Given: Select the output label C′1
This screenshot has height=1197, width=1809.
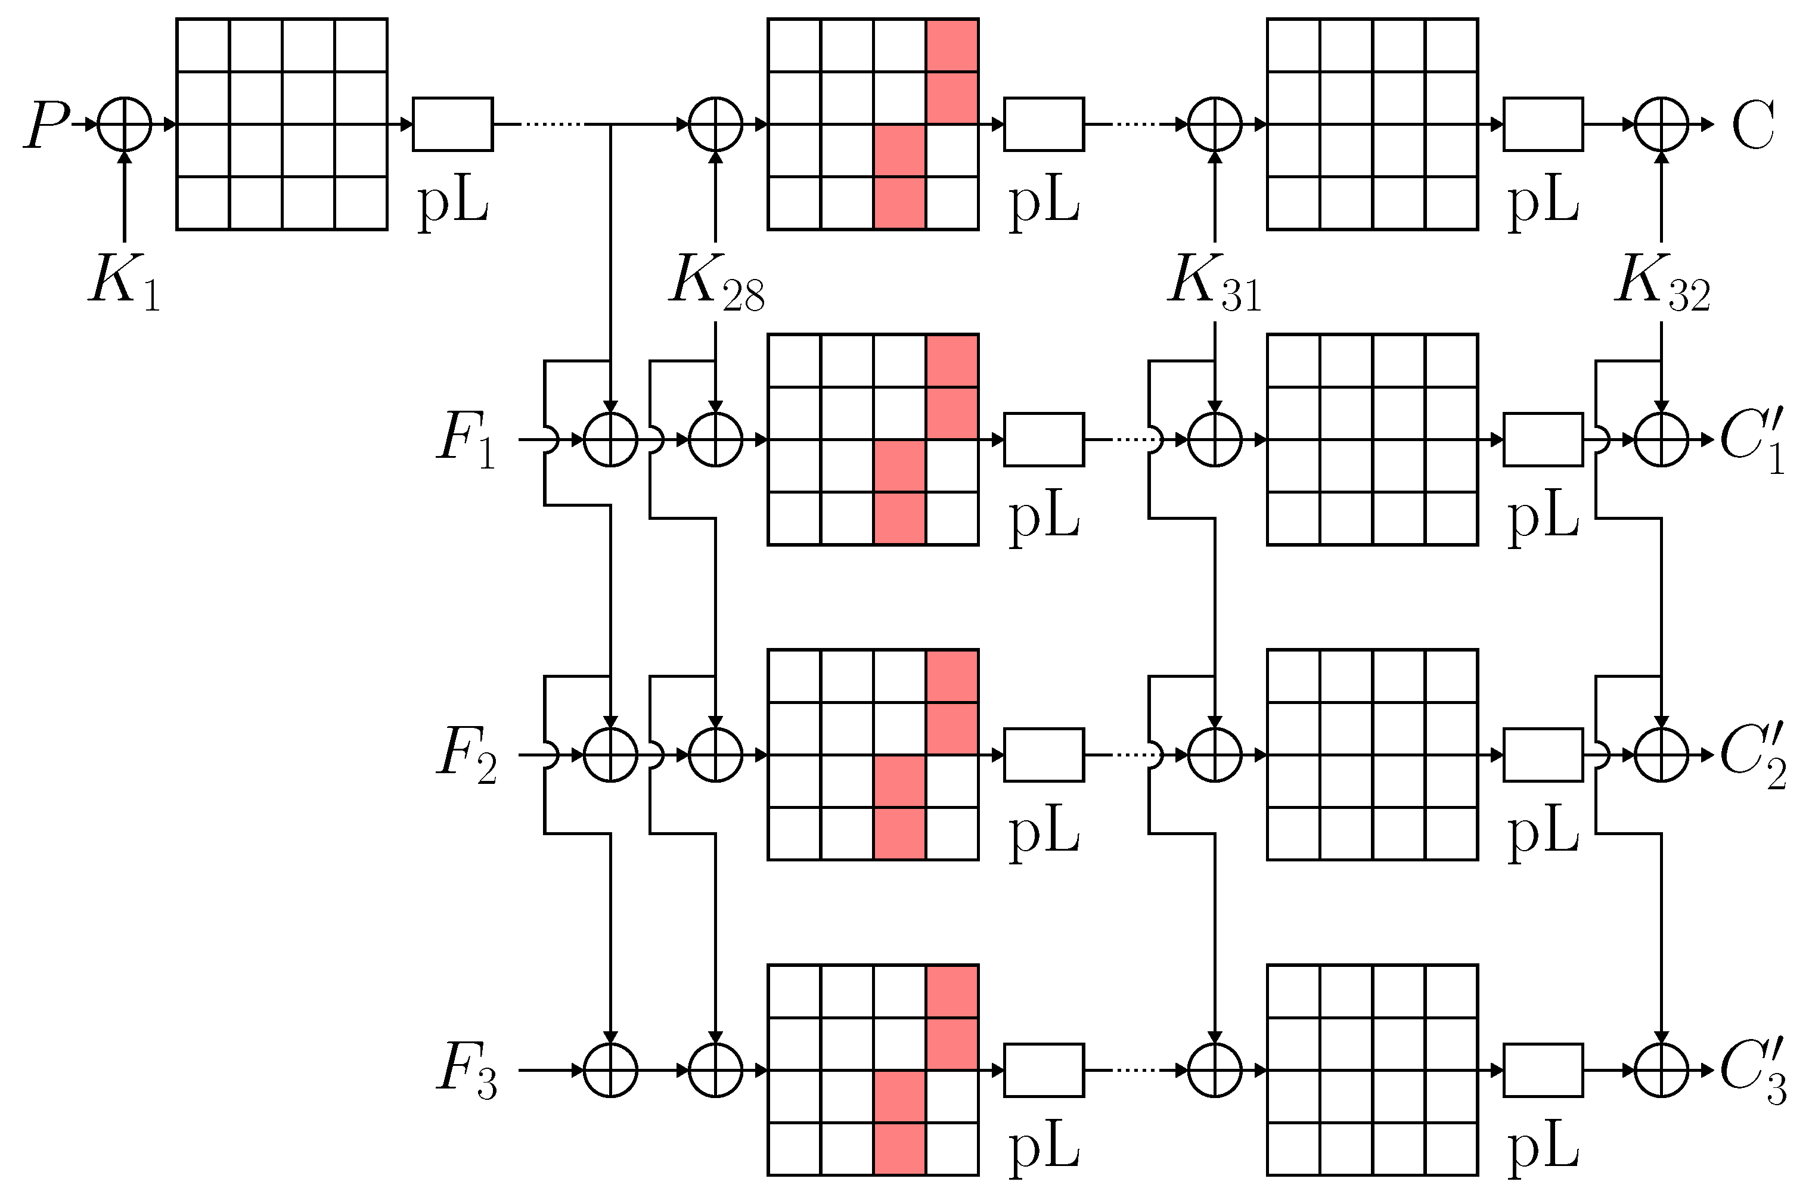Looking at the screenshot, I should point(1752,441).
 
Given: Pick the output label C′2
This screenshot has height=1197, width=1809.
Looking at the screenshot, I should point(1752,756).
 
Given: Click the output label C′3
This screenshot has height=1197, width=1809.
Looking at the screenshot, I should point(1752,1072).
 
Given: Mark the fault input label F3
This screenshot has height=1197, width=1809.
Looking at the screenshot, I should point(466,1070).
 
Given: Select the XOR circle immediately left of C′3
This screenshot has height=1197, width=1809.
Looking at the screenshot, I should point(1661,1070).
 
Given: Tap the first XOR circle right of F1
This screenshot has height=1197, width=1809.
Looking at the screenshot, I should point(610,440).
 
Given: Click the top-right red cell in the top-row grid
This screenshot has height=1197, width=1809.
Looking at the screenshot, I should point(952,46).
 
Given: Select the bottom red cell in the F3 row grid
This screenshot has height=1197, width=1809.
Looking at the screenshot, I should point(899,1148).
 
